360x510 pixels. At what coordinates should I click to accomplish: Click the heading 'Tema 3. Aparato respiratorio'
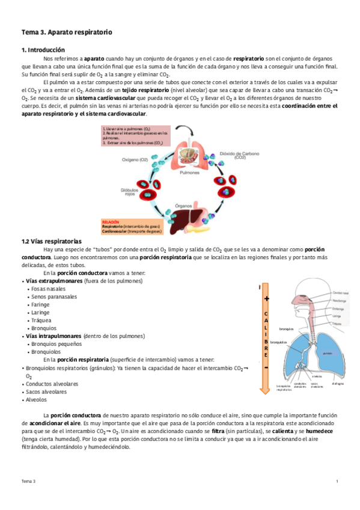point(67,31)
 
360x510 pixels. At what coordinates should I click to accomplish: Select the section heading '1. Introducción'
point(43,50)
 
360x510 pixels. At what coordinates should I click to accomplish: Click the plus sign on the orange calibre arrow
point(266,298)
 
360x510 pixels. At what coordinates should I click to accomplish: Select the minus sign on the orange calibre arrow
point(266,367)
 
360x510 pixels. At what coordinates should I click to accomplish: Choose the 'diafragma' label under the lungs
point(337,383)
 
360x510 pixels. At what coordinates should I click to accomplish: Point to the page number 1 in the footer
point(337,482)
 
